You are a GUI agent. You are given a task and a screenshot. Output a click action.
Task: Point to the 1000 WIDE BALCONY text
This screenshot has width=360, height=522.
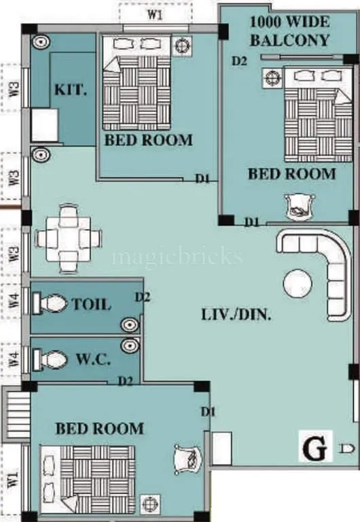(289, 31)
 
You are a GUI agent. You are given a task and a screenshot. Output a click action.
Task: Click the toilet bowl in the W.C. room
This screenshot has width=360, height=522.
(51, 358)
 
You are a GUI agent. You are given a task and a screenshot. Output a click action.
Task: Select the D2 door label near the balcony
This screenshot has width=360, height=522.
(238, 60)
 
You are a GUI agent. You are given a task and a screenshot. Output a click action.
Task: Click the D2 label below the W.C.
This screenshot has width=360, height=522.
(125, 381)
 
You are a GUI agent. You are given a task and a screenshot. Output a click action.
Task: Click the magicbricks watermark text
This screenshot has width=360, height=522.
(177, 257)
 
